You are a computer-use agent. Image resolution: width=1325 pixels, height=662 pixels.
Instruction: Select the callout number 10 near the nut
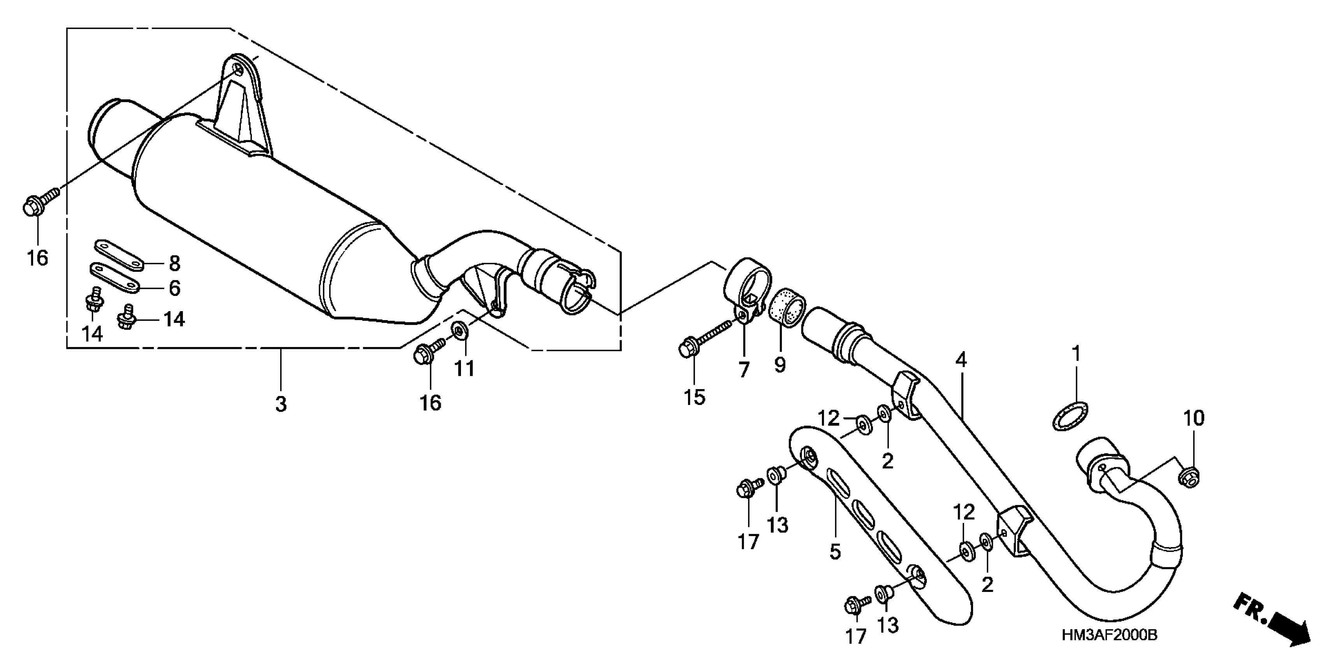(x=1194, y=418)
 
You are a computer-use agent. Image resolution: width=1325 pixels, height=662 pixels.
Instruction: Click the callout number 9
(x=780, y=365)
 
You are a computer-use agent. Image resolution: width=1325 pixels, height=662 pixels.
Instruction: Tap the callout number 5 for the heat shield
(x=835, y=551)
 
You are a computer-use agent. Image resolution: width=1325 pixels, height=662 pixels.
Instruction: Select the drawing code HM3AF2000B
(x=1109, y=635)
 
